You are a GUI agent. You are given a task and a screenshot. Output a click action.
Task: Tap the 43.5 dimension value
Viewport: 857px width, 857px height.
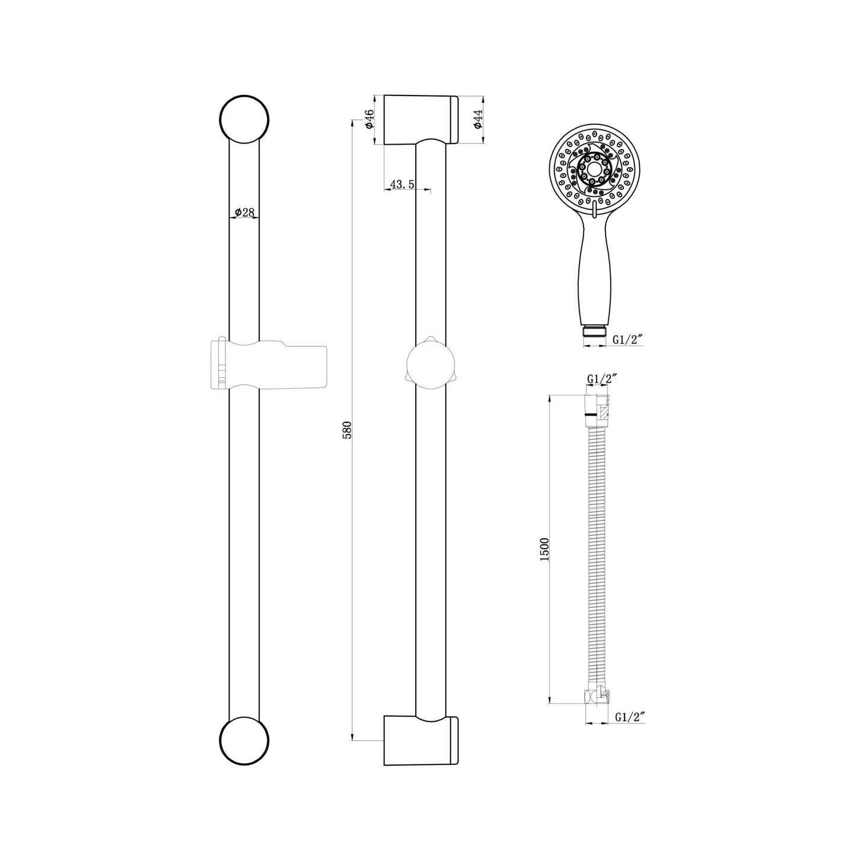coord(403,185)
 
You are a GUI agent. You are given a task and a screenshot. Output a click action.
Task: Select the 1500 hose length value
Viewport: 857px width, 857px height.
coord(545,549)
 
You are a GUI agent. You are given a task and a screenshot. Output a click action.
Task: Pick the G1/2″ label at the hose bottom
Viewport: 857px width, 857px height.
coord(629,717)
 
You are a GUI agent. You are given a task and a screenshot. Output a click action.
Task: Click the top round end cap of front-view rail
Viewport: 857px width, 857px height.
coord(244,118)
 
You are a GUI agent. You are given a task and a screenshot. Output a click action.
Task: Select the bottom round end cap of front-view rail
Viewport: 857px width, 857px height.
coord(244,741)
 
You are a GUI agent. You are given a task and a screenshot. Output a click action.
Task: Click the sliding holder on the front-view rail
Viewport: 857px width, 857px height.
coord(270,365)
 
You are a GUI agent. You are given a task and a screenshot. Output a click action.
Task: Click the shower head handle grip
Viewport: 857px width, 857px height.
coord(592,267)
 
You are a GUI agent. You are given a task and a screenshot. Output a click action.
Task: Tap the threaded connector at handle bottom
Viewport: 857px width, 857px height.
coord(594,332)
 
